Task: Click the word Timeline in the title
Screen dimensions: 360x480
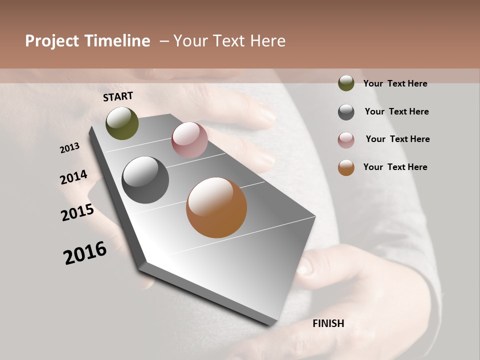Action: coord(117,41)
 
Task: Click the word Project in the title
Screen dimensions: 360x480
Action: coord(52,41)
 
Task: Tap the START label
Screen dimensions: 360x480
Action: coord(118,96)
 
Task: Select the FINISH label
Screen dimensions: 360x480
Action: coord(328,323)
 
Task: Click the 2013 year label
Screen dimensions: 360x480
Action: coord(70,148)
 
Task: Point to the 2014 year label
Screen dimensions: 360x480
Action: coord(74,177)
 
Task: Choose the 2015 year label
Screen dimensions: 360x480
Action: coord(77,212)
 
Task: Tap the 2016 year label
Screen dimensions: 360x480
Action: coord(85,253)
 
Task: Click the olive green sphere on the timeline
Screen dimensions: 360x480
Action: coord(122,123)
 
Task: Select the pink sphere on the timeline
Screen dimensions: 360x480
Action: coord(189,140)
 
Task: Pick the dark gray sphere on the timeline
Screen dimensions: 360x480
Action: coord(145,180)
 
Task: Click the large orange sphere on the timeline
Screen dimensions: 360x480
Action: coord(216,207)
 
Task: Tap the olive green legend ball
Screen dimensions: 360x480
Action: coord(346,83)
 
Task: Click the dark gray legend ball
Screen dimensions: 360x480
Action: coord(346,112)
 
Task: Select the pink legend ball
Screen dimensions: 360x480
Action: coord(346,140)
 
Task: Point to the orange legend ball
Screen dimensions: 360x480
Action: coord(346,167)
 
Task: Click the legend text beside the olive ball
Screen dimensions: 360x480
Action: coord(395,83)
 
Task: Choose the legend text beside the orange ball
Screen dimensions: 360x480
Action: coord(395,167)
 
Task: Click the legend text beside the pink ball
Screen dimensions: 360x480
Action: coord(397,139)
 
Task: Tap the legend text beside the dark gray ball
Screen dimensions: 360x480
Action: coord(396,111)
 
